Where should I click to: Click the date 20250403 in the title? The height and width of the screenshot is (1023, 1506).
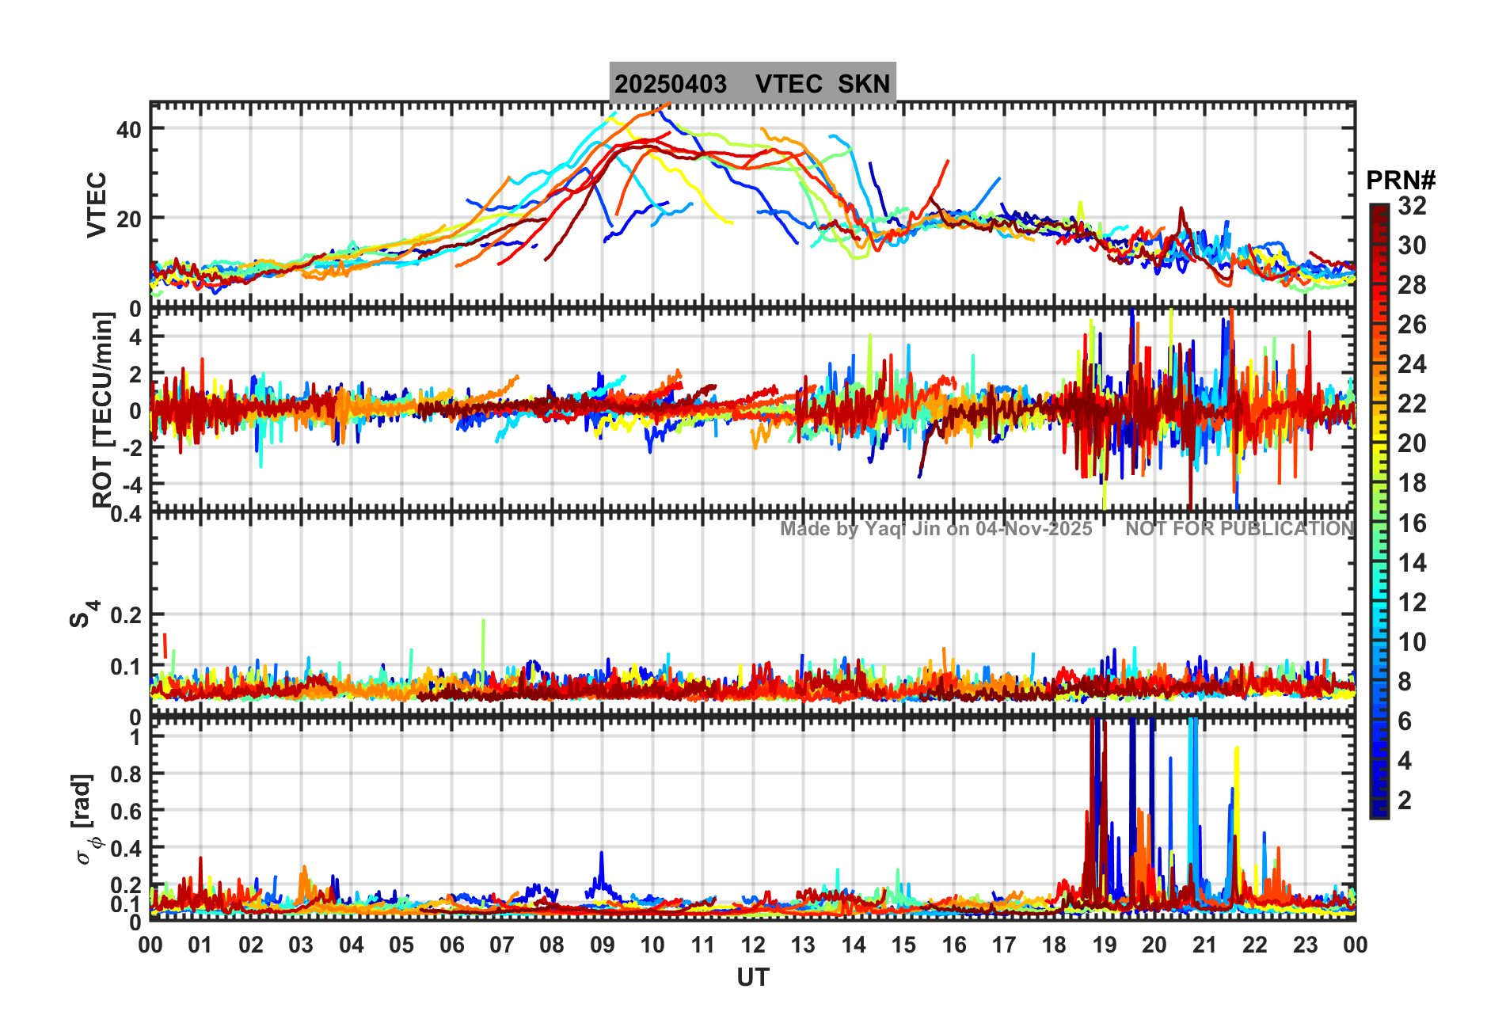click(671, 84)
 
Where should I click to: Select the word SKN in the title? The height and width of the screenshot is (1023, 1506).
click(864, 84)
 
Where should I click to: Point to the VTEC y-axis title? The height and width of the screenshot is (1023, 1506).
click(97, 204)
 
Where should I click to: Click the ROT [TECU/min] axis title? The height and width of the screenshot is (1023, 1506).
click(103, 409)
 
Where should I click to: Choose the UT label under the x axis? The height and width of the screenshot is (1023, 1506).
click(752, 978)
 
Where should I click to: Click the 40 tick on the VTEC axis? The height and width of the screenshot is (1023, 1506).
click(129, 129)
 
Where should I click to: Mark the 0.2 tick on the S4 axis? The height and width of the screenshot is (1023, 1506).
click(126, 615)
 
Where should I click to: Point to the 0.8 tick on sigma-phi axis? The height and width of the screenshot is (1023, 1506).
click(126, 774)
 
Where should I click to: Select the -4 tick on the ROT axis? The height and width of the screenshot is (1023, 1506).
click(132, 484)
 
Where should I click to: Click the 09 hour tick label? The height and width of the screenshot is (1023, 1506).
click(603, 945)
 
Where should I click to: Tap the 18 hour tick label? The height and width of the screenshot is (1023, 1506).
click(1054, 945)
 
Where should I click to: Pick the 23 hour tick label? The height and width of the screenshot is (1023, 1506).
click(1305, 945)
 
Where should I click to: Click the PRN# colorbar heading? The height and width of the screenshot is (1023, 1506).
click(1401, 181)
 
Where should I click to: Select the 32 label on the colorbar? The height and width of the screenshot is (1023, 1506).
click(1412, 206)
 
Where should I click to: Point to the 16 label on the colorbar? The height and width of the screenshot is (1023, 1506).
click(1412, 523)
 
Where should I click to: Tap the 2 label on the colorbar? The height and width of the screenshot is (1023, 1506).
click(1405, 801)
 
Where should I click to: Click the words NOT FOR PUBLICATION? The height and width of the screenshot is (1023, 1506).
click(1239, 529)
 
